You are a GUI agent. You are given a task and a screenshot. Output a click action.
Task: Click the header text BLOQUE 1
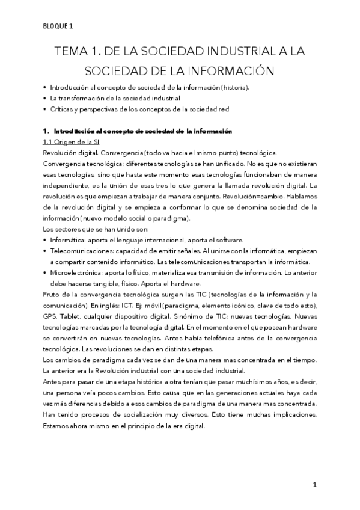[x=58, y=25]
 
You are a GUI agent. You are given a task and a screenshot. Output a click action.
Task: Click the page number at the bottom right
[x=314, y=485]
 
